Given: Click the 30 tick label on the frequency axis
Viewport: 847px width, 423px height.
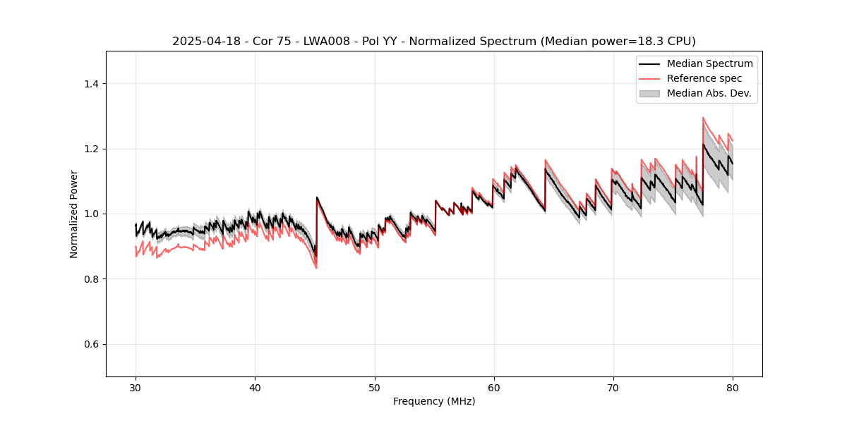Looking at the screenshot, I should pyautogui.click(x=136, y=388).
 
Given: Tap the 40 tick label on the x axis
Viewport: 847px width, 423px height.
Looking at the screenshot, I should pyautogui.click(x=255, y=388).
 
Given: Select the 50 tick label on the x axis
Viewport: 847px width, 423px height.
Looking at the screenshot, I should pyautogui.click(x=374, y=388).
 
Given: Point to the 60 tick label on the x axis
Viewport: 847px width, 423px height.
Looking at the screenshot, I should pyautogui.click(x=493, y=388).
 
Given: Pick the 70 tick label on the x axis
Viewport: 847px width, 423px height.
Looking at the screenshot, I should pyautogui.click(x=613, y=388).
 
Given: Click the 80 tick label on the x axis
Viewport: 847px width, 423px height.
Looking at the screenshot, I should pyautogui.click(x=732, y=388).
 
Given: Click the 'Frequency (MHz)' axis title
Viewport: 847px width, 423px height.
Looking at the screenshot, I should pyautogui.click(x=434, y=401).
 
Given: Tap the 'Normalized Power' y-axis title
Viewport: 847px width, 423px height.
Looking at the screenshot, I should pyautogui.click(x=74, y=214).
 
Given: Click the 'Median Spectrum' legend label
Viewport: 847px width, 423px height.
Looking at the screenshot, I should pyautogui.click(x=709, y=63).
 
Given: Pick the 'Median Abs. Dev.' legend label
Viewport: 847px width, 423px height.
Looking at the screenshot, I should pyautogui.click(x=709, y=93).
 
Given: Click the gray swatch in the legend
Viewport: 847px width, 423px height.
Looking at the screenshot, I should pyautogui.click(x=649, y=93).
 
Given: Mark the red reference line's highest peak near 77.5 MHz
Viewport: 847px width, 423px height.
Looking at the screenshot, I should pyautogui.click(x=703, y=118).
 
